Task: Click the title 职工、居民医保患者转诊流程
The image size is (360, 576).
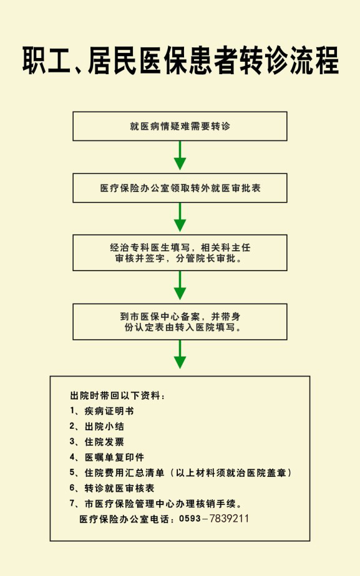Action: (180, 60)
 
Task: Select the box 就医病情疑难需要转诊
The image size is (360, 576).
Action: (180, 127)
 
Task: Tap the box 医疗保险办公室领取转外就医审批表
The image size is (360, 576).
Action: (180, 188)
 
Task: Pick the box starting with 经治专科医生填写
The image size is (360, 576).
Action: (180, 253)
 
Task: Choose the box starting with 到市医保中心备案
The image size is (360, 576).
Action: (180, 322)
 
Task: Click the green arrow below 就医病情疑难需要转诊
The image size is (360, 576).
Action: (180, 155)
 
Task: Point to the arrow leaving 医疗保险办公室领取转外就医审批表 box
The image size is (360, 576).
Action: (180, 217)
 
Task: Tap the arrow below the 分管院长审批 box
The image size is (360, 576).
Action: (180, 286)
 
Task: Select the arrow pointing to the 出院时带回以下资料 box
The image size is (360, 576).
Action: (180, 354)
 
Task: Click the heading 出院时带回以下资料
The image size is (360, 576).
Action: (117, 396)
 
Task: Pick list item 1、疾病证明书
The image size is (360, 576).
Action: (102, 411)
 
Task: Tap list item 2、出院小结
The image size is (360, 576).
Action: (97, 426)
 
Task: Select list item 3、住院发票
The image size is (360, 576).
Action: (97, 442)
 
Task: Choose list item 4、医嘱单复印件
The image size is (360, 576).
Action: (107, 458)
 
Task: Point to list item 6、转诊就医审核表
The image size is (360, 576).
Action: (112, 488)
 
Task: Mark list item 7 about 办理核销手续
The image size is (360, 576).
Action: (156, 504)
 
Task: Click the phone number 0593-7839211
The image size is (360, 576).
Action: (214, 519)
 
